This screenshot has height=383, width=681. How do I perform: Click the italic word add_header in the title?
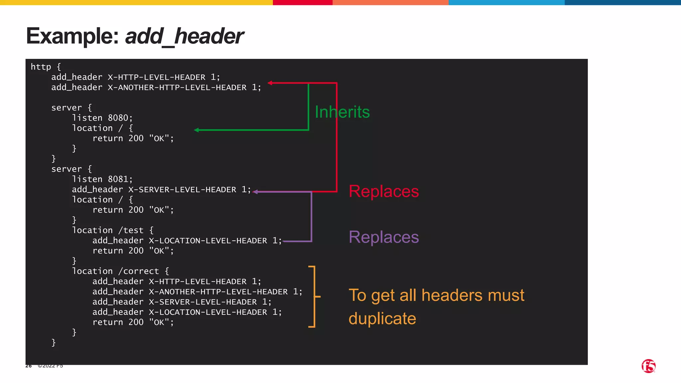[184, 36]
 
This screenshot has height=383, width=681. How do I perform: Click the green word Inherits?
[342, 112]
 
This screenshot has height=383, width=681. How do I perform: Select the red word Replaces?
[383, 191]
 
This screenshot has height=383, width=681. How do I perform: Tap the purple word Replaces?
[383, 237]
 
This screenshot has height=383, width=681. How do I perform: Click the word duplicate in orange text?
[382, 319]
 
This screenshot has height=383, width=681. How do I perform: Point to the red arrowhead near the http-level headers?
[270, 83]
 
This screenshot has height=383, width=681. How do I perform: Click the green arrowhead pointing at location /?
[197, 130]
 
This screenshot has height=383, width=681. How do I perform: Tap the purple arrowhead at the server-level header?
[255, 192]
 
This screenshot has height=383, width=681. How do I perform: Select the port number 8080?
[118, 118]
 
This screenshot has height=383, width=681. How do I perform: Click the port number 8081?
[118, 179]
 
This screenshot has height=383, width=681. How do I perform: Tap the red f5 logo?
[648, 366]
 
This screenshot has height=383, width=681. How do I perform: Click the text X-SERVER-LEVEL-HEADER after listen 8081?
[182, 190]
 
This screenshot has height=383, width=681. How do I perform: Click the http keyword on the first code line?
[41, 67]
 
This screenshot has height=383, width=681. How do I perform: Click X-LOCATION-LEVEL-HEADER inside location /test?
[208, 241]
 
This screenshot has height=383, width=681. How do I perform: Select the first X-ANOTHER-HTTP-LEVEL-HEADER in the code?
[177, 87]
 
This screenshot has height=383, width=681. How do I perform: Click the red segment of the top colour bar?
[302, 2]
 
